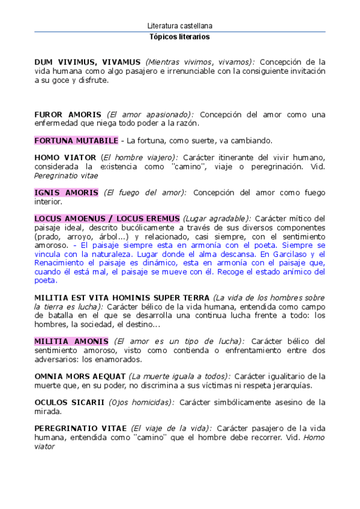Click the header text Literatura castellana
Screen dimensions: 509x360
(x=179, y=26)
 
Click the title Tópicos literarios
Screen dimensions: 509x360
(x=179, y=37)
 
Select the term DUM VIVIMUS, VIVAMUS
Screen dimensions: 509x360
(x=88, y=62)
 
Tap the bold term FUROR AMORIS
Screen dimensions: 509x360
(x=68, y=114)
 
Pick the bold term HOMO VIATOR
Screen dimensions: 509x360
(x=65, y=157)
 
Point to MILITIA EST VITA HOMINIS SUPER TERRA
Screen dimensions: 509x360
(x=122, y=298)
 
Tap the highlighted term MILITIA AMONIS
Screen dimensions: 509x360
(x=71, y=342)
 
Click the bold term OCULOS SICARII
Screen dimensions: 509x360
(x=69, y=402)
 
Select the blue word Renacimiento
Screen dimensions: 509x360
(x=61, y=263)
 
